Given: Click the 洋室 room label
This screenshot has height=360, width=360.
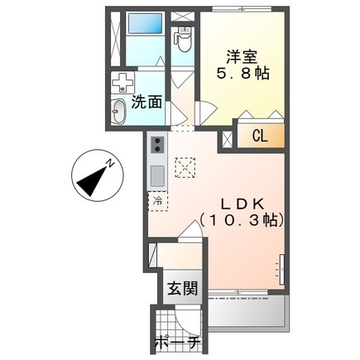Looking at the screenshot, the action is point(242,57).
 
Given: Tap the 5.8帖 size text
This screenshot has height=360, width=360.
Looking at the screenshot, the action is point(243,73).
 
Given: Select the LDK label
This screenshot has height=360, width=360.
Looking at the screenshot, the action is point(242,204).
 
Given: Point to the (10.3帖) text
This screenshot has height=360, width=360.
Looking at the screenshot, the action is point(242,220).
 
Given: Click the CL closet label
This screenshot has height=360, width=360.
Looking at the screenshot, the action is point(260,136).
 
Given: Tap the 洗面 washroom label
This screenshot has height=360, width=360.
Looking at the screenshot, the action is point(146,103).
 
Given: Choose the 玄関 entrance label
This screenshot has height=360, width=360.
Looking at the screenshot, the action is point(183,289).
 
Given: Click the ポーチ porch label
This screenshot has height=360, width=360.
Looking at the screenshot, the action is point(177,343).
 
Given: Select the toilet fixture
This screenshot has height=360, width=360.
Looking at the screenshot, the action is point(183,39).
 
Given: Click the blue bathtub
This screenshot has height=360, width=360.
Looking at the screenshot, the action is point(145,23).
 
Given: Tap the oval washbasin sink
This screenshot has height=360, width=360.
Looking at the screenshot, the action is point(118,112).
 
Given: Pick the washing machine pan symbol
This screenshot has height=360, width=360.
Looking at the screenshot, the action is point(122,82).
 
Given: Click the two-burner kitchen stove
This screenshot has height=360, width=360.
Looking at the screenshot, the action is point(157,145).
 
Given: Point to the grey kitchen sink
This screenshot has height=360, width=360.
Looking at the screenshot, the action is point(157,175).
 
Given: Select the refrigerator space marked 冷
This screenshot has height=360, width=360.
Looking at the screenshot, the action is point(158,202).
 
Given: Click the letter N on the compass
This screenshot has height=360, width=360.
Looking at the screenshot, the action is point(110,163).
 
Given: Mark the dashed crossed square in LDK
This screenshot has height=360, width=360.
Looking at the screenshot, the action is point(185,167).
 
